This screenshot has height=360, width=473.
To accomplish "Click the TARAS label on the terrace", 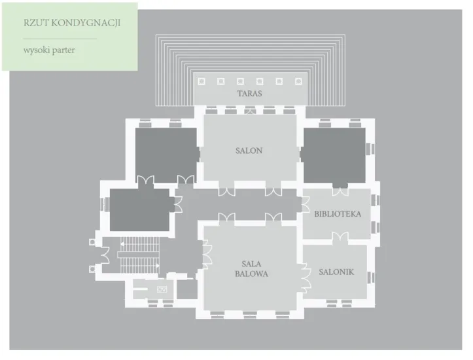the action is [x=249, y=94].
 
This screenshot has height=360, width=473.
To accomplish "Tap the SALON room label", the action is [x=249, y=151].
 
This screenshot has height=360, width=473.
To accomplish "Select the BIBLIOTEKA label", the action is [x=338, y=214].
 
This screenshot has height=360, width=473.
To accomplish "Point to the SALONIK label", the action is [x=336, y=272].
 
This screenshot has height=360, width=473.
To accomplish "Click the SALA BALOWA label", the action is [x=251, y=269].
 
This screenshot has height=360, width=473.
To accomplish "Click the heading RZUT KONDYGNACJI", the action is [x=72, y=23].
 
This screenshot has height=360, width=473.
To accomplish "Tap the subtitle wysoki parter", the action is [x=49, y=50].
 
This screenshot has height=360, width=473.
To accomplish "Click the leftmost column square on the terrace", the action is [x=201, y=81].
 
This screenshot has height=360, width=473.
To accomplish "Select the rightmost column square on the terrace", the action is [x=298, y=81].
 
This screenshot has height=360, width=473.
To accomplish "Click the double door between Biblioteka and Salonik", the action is [x=340, y=236].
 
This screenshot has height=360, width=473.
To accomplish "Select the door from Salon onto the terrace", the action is [x=250, y=111].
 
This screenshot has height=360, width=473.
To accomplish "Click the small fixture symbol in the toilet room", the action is [x=162, y=289].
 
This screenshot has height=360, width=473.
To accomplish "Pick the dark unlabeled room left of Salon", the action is [x=167, y=155].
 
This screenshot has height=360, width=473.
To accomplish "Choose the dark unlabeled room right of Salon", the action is [x=334, y=155].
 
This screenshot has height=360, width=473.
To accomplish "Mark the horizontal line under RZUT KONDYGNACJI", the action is [x=60, y=39].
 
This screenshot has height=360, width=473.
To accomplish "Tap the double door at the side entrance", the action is [x=105, y=255].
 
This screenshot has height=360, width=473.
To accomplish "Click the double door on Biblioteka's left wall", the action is [x=306, y=205].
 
